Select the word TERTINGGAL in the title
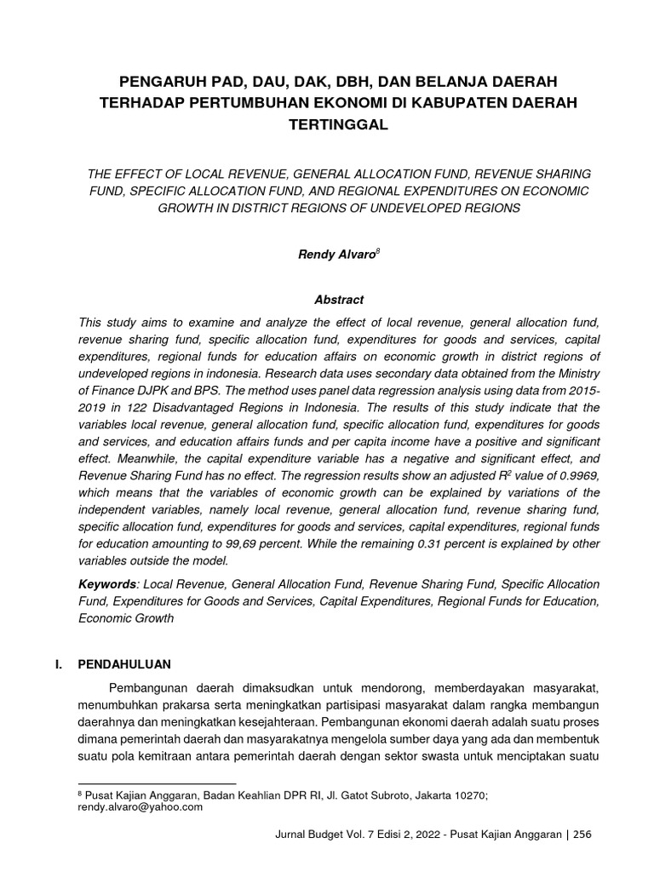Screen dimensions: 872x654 point(327,125)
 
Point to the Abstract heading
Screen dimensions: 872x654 point(327,300)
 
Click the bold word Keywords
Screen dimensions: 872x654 point(107,585)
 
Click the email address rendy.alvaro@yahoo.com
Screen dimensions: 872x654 point(141,807)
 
